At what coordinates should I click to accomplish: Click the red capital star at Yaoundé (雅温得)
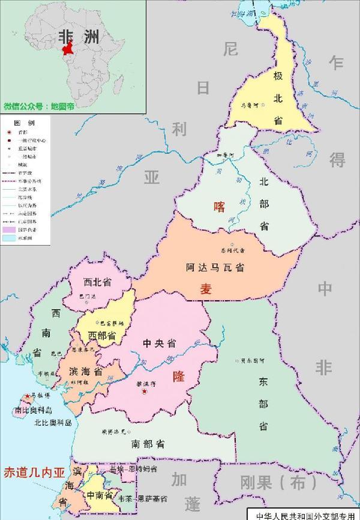(144, 392)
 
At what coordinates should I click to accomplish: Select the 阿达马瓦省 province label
(215, 269)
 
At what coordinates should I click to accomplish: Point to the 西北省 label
(98, 282)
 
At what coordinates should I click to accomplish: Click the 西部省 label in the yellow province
(102, 335)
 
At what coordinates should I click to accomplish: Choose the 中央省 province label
(159, 343)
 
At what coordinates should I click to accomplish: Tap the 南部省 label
(148, 445)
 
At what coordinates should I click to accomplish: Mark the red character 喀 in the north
(220, 207)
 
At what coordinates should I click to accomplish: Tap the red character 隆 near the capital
(179, 377)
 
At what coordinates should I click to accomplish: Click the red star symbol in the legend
(8, 132)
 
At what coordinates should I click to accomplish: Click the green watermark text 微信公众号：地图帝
(39, 106)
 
